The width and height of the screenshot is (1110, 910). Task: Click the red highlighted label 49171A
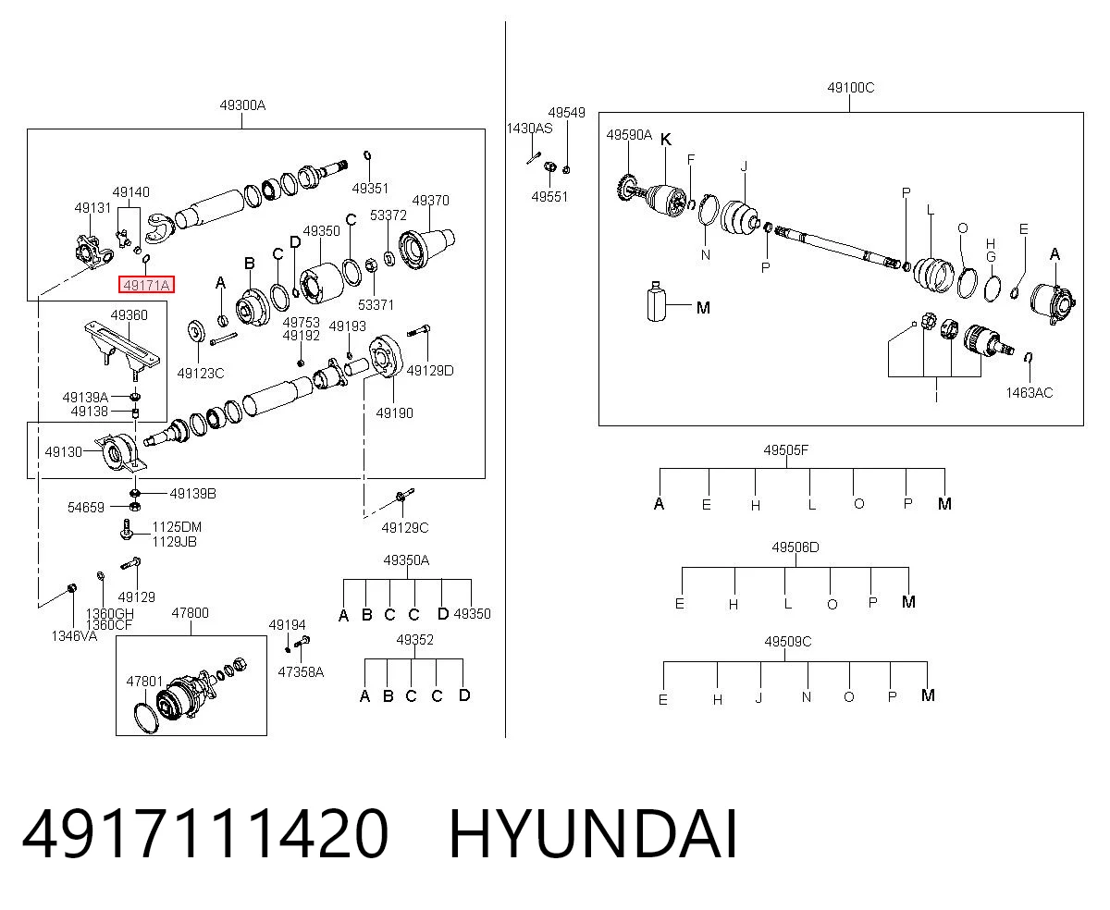click(146, 285)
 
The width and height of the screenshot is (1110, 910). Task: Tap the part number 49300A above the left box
click(242, 105)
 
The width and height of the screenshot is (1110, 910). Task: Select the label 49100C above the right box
click(850, 87)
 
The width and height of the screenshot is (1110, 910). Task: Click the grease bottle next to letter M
click(656, 301)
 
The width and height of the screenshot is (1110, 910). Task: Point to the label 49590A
click(629, 135)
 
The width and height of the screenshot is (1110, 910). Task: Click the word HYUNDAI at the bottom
click(593, 835)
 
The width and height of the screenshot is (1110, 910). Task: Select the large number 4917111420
click(205, 835)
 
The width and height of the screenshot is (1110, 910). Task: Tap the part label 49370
click(430, 201)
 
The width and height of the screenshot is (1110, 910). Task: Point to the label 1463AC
click(1029, 393)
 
